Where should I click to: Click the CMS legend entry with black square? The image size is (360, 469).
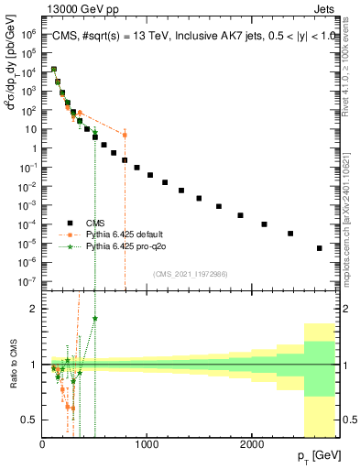[x=93, y=222]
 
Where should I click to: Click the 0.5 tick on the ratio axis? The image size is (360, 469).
[x=29, y=420]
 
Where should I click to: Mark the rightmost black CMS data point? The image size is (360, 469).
[x=319, y=248]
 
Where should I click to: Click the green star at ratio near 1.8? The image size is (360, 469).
[x=95, y=319]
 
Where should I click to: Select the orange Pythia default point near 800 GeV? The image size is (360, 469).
[x=125, y=135]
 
